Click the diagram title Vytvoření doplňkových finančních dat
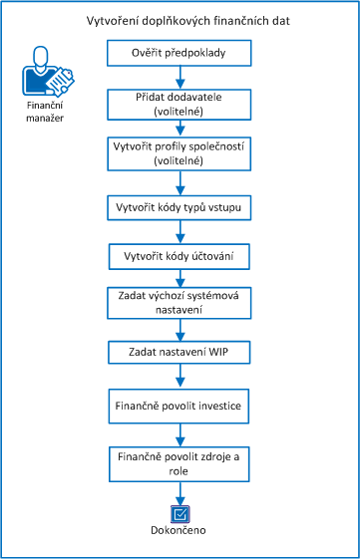coord(180,21)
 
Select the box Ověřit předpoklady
coord(180,52)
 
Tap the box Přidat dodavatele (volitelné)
coord(180,104)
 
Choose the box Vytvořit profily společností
coord(180,152)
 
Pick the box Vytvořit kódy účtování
coord(180,256)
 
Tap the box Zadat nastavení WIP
coord(180,352)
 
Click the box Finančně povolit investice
coord(180,407)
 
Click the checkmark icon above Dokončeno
coord(180,514)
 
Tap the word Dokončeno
coord(180,531)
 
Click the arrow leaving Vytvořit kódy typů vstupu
coord(180,231)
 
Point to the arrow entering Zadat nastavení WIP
coord(180,329)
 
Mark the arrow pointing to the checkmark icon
coord(180,492)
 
